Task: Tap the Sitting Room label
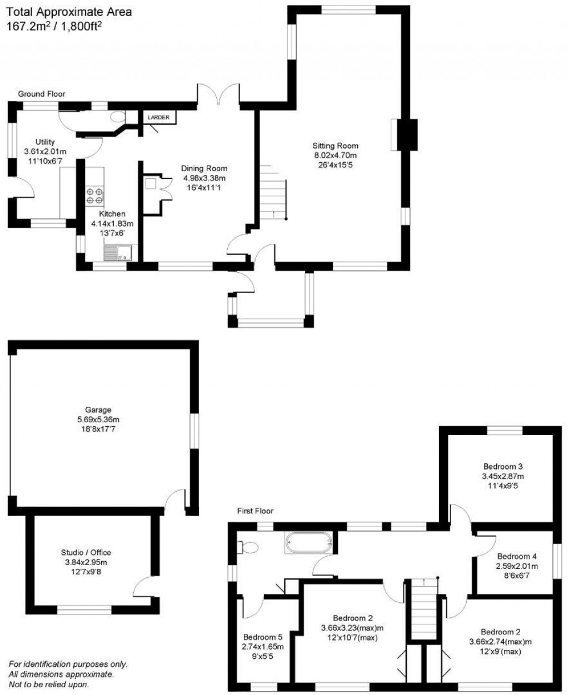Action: pos(335,146)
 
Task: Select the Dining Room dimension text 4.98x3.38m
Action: pos(205,178)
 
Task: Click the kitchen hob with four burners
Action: pos(94,196)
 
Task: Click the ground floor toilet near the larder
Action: pos(117,117)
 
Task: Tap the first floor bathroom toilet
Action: pos(248,547)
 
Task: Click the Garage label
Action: pos(98,410)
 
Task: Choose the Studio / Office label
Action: pos(86,552)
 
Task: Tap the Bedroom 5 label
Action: pos(262,637)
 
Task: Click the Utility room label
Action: pos(45,142)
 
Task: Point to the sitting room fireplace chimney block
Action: pos(410,134)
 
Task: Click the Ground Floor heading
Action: pos(42,94)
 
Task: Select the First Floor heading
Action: pos(256,511)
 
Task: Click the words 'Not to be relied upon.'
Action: pos(49,684)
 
